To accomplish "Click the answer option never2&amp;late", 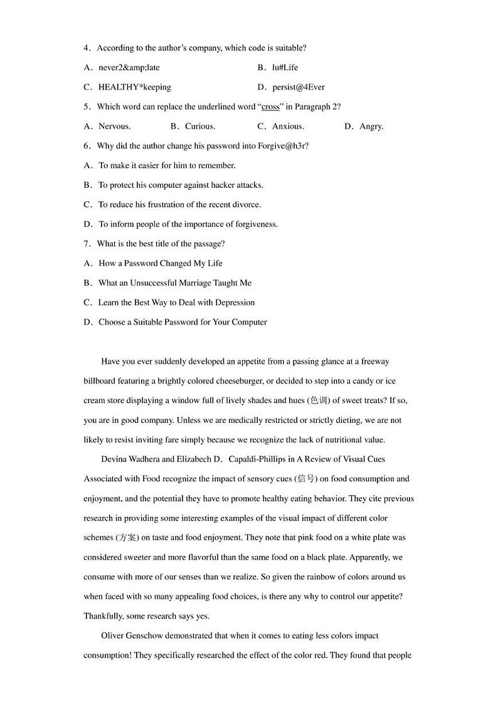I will pyautogui.click(x=124, y=68).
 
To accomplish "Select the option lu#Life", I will pyautogui.click(x=285, y=68).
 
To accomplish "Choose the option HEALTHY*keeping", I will pyautogui.click(x=134, y=87).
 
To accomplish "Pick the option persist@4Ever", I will pyautogui.click(x=298, y=87).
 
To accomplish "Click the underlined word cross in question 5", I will pyautogui.click(x=270, y=107).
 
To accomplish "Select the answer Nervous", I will pyautogui.click(x=114, y=126).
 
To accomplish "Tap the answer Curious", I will pyautogui.click(x=199, y=126).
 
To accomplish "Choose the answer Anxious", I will pyautogui.click(x=288, y=126).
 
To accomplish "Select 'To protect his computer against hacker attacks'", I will pyautogui.click(x=181, y=185).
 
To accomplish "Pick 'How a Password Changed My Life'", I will pyautogui.click(x=160, y=263).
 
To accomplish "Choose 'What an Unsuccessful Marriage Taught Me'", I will pyautogui.click(x=174, y=283).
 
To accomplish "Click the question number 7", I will pyautogui.click(x=86, y=243).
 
